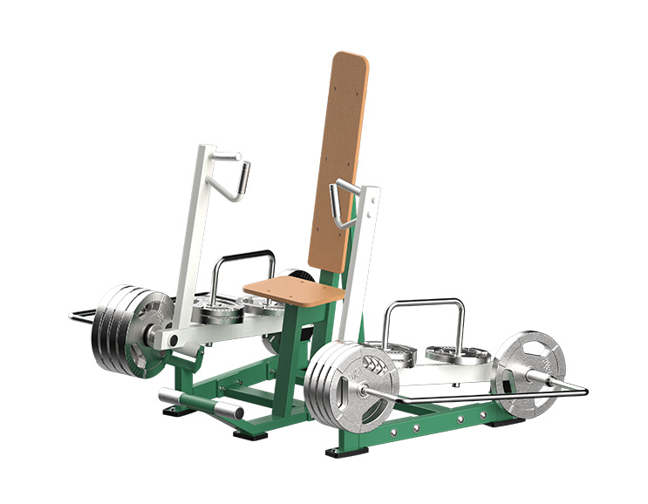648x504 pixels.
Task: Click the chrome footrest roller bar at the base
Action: coord(201,404)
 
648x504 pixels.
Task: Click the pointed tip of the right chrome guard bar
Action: coord(584,390)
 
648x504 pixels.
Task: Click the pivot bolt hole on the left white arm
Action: coord(174,338)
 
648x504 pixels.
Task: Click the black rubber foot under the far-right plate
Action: coord(515,421)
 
